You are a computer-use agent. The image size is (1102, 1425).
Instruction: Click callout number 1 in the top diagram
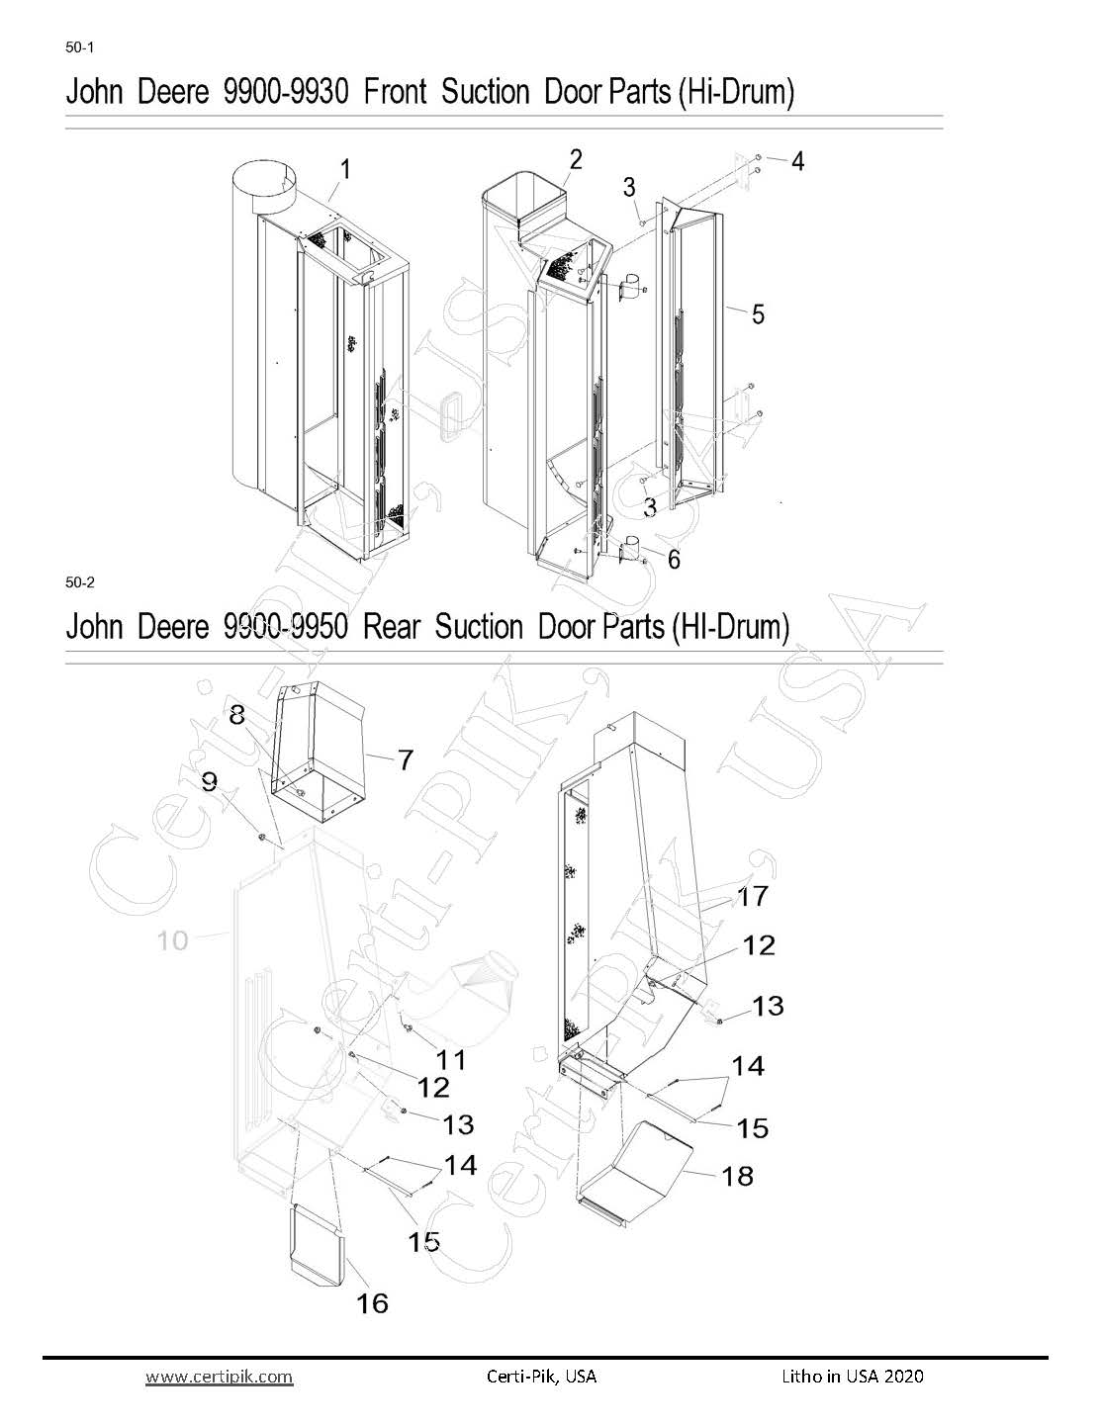tap(345, 170)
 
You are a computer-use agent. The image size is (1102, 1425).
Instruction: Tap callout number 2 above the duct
tap(576, 159)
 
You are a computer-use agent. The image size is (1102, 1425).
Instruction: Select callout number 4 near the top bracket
tap(797, 161)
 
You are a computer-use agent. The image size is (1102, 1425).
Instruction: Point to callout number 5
tap(758, 314)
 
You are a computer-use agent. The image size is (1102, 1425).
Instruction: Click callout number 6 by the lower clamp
tap(674, 559)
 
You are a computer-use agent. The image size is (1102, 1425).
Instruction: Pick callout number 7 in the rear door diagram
tap(406, 760)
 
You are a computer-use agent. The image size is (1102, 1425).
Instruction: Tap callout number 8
tap(236, 715)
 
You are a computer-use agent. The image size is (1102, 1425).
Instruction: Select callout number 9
tap(210, 781)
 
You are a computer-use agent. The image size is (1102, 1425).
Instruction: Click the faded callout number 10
tap(172, 941)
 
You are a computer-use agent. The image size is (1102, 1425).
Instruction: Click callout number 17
tap(753, 896)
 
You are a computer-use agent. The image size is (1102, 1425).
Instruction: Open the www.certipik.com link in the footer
tap(219, 1376)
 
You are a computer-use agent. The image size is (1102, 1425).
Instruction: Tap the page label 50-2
tap(79, 581)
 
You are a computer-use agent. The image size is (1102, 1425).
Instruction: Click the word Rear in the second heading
tap(391, 626)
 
